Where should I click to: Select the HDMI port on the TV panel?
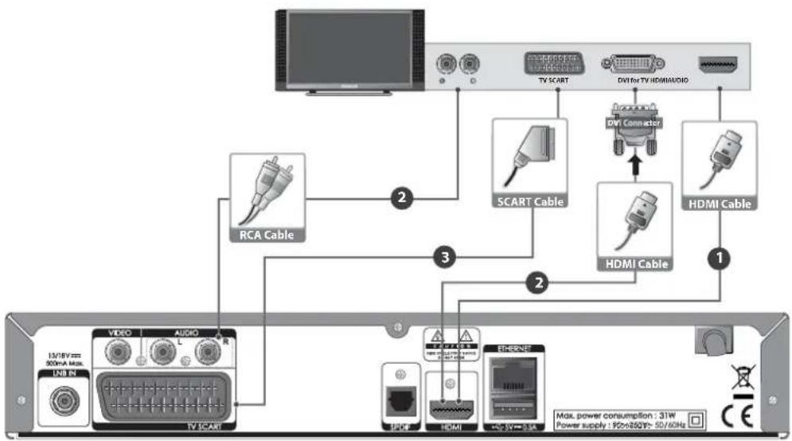(720, 64)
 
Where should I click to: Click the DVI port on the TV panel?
(634, 64)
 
